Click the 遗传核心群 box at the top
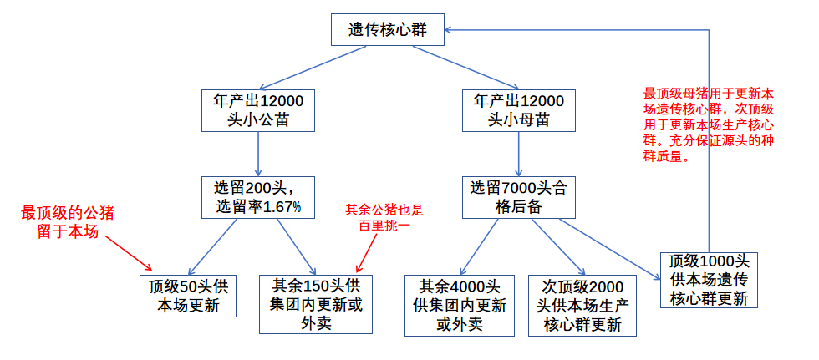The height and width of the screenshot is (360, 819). (387, 30)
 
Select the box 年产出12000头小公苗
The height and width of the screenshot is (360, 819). (258, 109)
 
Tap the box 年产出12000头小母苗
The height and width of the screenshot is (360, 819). (518, 109)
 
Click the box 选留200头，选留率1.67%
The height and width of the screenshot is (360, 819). (258, 196)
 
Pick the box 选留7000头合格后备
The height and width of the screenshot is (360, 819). (518, 196)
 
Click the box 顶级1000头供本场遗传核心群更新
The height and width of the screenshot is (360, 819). (709, 278)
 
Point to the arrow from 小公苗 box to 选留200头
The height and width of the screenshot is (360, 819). (258, 153)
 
